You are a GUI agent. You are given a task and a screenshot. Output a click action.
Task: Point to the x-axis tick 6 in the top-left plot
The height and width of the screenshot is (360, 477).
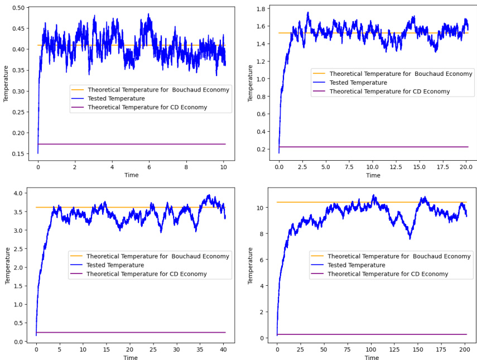[x=149, y=166]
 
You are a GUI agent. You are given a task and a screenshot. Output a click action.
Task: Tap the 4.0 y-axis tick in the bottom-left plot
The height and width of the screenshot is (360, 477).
[x=19, y=194]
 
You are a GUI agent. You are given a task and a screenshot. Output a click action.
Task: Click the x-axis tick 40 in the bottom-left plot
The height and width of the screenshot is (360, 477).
[x=223, y=349]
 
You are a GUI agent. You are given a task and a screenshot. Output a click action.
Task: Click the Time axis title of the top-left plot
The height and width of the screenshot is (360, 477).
[x=131, y=175]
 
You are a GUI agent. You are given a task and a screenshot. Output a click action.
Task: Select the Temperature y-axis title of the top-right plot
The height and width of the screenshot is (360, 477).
[x=250, y=83]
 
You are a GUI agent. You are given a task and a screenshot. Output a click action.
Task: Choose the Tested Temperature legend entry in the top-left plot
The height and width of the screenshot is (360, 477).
[x=114, y=99]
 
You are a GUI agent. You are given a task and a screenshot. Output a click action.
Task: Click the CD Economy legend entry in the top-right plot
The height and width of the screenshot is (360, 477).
[x=389, y=92]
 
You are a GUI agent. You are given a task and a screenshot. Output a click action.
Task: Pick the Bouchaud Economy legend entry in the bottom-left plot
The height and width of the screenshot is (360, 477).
[x=157, y=257]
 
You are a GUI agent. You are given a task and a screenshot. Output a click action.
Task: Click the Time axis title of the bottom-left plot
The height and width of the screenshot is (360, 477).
[x=131, y=357]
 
